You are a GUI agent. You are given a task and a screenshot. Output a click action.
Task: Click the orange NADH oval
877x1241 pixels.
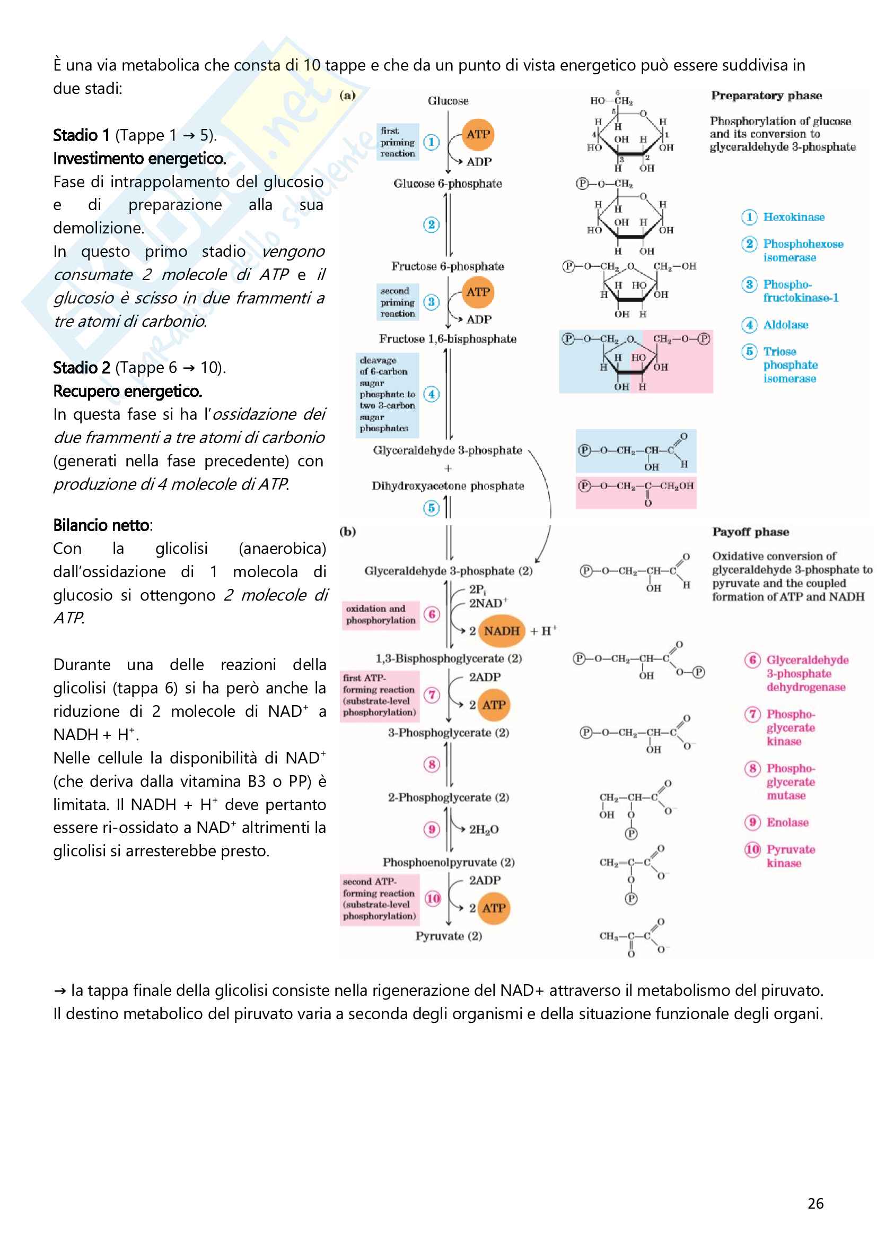pos(501,631)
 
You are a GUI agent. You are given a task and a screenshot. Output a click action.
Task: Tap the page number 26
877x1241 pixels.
pos(815,1203)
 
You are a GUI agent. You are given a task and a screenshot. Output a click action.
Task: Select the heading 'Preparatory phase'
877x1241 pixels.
pos(766,96)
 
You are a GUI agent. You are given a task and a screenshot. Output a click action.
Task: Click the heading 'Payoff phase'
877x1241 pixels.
pos(750,532)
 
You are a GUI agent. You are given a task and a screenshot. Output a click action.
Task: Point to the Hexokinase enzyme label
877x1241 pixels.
pos(794,217)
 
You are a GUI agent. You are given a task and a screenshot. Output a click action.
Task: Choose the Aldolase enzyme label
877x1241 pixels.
pos(786,325)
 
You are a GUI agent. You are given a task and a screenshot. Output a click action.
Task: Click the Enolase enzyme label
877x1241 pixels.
pos(787,822)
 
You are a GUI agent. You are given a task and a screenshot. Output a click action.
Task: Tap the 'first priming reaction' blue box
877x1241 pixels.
pos(398,142)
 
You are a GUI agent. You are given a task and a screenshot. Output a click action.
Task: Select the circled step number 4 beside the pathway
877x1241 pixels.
pos(431,394)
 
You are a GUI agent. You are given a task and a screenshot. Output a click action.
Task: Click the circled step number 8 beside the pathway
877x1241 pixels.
pos(432,764)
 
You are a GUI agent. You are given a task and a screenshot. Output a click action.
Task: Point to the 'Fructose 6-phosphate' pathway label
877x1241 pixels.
pos(447,266)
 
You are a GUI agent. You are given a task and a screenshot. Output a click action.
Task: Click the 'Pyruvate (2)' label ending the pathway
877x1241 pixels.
pos(448,935)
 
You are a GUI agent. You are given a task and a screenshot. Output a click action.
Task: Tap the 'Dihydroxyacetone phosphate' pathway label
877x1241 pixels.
pos(448,486)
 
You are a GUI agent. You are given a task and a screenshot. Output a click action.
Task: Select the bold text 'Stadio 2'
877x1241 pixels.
pos(82,368)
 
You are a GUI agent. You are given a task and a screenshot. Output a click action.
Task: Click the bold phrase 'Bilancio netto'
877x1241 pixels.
pos(101,525)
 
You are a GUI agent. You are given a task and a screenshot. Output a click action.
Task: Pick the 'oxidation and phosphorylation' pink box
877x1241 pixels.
pos(381,614)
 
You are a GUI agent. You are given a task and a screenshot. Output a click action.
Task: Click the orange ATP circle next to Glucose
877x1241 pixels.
pos(478,135)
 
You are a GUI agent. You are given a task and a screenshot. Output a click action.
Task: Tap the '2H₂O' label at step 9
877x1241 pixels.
pos(484,829)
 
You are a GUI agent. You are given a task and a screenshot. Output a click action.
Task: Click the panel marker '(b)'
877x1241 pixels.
pos(347,531)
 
